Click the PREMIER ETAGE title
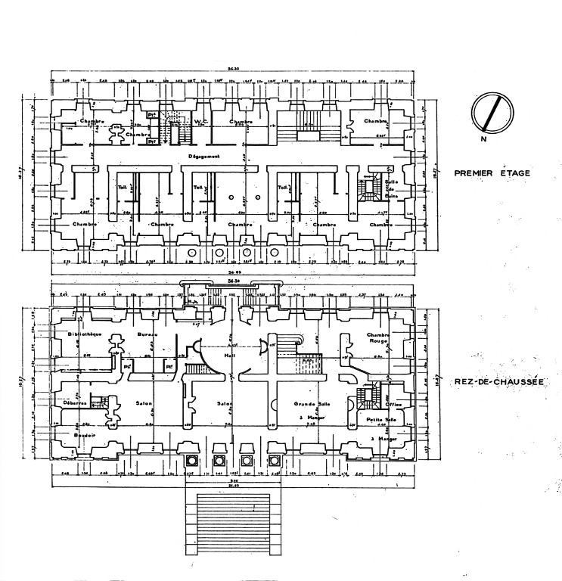pos(492,172)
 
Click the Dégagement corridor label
pos(204,157)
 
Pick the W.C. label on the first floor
pos(200,121)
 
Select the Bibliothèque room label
pos(83,334)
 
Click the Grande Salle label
pos(309,405)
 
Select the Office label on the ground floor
pos(394,405)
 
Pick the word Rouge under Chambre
pos(376,341)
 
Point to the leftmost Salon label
pos(144,403)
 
